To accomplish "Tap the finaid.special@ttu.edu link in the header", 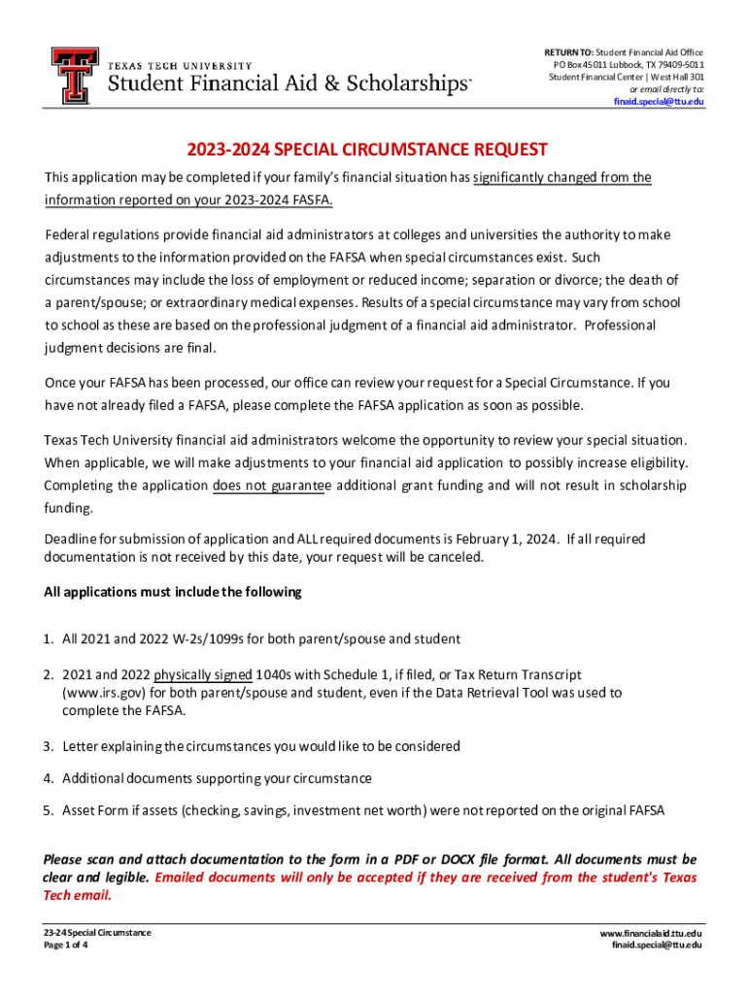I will (x=659, y=102).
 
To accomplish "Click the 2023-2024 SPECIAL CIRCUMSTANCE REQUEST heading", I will (x=368, y=150).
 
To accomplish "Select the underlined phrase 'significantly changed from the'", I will (x=562, y=178).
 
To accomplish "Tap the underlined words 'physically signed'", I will (x=203, y=675).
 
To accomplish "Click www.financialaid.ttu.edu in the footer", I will (x=651, y=933).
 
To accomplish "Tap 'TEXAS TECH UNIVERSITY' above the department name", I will (x=180, y=65).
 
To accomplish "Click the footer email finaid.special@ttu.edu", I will (x=657, y=945).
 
